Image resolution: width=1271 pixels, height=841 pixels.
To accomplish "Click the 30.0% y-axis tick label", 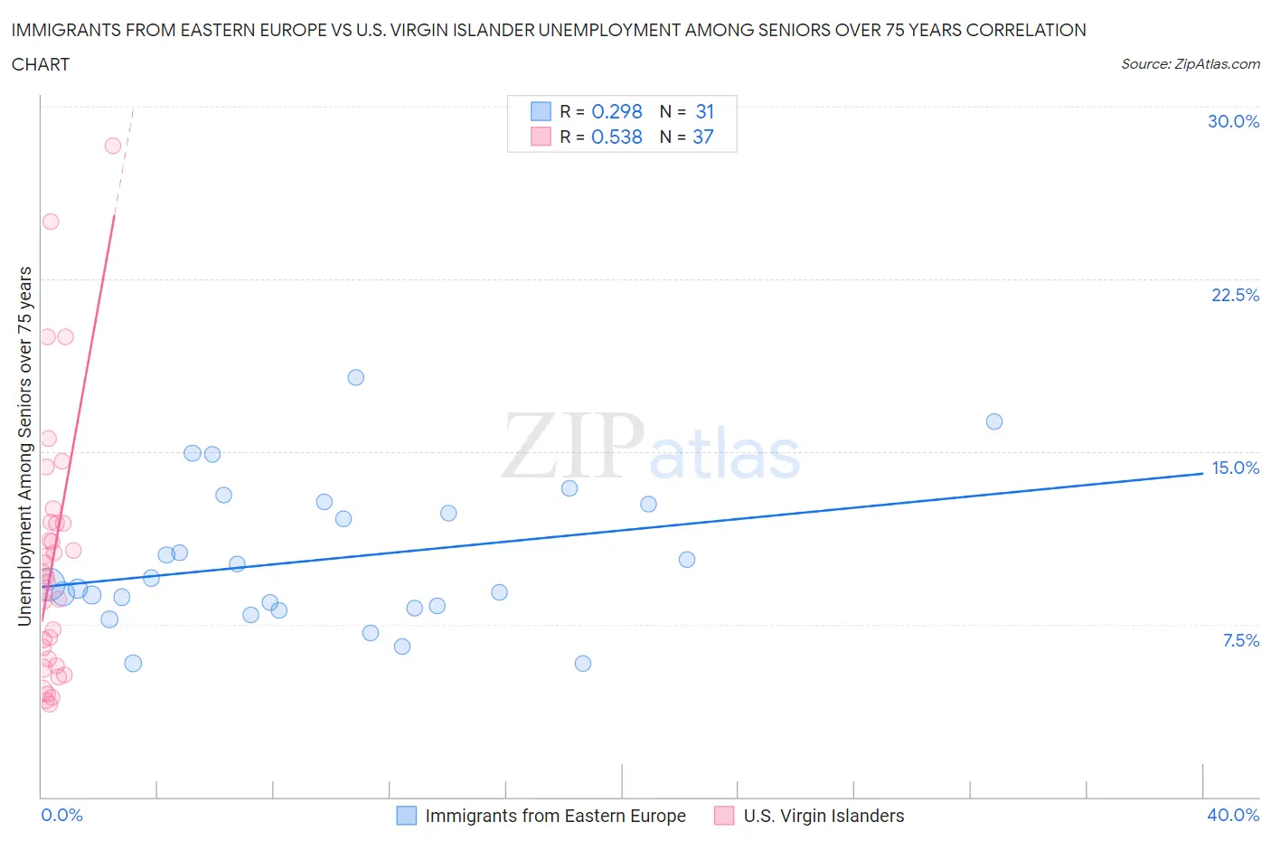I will click(1233, 121).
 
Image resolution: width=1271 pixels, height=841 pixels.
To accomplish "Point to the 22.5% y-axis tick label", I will click(1235, 295).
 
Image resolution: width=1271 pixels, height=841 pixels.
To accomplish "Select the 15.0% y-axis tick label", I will click(1235, 468).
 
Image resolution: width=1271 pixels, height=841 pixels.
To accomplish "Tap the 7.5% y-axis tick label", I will click(1240, 640).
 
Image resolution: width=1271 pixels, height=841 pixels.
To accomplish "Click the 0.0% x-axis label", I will click(61, 815).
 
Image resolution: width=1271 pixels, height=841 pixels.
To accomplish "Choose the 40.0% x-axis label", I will click(1233, 815).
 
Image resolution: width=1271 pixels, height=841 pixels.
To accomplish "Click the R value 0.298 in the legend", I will click(617, 111).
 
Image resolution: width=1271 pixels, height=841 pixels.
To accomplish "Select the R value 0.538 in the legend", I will click(617, 137).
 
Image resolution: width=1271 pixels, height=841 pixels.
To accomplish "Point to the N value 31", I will click(705, 111).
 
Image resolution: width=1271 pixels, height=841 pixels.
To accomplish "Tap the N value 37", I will click(703, 137).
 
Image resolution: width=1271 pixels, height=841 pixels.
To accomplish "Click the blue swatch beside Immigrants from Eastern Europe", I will click(407, 816).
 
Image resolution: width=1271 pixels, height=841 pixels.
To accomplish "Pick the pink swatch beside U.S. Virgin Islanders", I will click(724, 816).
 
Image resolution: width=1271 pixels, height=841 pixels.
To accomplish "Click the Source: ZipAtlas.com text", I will click(1190, 63).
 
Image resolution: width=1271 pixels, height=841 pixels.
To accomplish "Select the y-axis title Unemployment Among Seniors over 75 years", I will click(24, 446).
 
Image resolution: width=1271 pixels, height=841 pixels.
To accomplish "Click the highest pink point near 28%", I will click(113, 146).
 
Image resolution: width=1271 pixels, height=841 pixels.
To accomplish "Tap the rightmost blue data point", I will click(994, 421).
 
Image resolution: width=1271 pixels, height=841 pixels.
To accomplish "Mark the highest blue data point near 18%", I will click(356, 377).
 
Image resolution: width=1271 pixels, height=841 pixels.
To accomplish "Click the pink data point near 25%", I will click(51, 222).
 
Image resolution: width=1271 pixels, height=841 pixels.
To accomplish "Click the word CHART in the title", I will click(41, 64).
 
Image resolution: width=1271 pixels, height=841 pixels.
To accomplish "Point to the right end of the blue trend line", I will click(1202, 473).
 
